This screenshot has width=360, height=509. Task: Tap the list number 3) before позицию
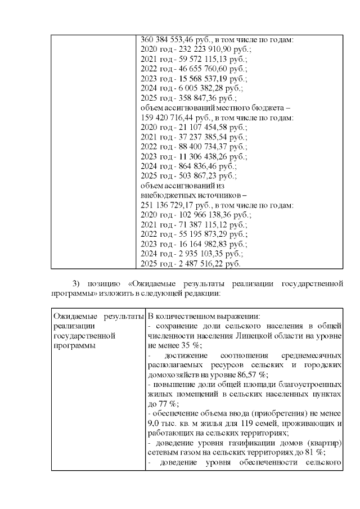coord(78,283)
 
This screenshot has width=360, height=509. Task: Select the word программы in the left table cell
coord(73,346)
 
